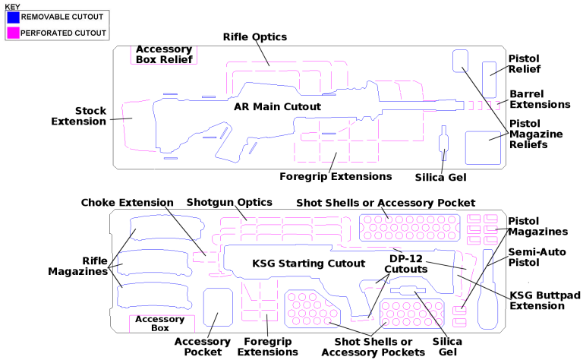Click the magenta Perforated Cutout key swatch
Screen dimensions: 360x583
click(12, 33)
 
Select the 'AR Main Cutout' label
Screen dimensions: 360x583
click(278, 107)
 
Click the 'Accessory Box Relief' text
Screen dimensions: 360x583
click(164, 55)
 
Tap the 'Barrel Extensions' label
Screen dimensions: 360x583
click(539, 99)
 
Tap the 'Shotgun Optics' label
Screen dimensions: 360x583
click(223, 203)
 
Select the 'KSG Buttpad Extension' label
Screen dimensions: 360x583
click(537, 300)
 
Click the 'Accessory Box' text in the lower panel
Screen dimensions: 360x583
click(161, 324)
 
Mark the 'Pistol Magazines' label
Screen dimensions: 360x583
click(538, 226)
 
